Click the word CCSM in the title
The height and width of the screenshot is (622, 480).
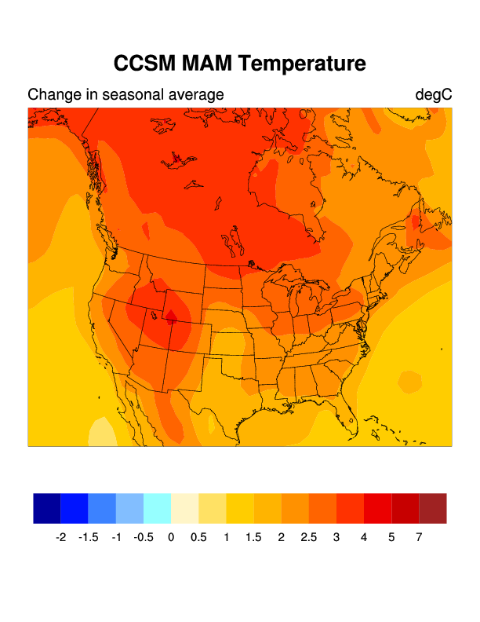pyautogui.click(x=144, y=64)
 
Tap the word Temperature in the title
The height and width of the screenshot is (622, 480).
pyautogui.click(x=301, y=64)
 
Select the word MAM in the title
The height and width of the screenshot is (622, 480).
pyautogui.click(x=205, y=64)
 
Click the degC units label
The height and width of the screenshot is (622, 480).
pyautogui.click(x=434, y=95)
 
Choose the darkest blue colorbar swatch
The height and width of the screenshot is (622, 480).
pyautogui.click(x=47, y=508)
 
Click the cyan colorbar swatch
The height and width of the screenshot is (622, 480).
pyautogui.click(x=157, y=508)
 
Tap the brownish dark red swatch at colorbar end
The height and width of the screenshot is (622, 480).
pyautogui.click(x=433, y=508)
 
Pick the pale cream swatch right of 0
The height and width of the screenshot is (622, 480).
pyautogui.click(x=185, y=508)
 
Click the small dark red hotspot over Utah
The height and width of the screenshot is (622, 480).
pyautogui.click(x=169, y=316)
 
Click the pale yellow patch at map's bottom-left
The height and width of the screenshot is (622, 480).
pyautogui.click(x=100, y=434)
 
